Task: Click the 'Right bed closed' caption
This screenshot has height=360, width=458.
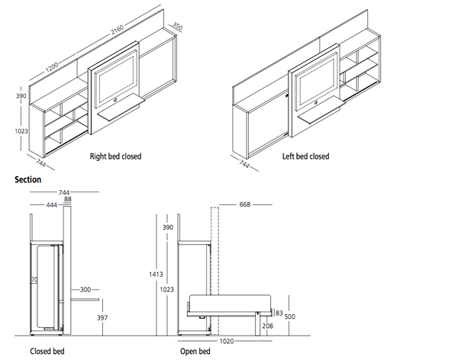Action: pyautogui.click(x=115, y=156)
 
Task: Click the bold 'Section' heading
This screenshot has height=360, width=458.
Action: pyautogui.click(x=27, y=180)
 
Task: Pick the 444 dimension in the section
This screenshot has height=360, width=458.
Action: pyautogui.click(x=52, y=205)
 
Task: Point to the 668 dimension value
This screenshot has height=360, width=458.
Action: pyautogui.click(x=246, y=204)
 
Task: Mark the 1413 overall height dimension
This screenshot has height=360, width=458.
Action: pyautogui.click(x=153, y=274)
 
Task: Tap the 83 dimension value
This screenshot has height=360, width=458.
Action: pyautogui.click(x=279, y=313)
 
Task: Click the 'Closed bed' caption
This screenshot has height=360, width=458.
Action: pyautogui.click(x=47, y=352)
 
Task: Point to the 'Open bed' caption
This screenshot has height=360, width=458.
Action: pyautogui.click(x=195, y=352)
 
